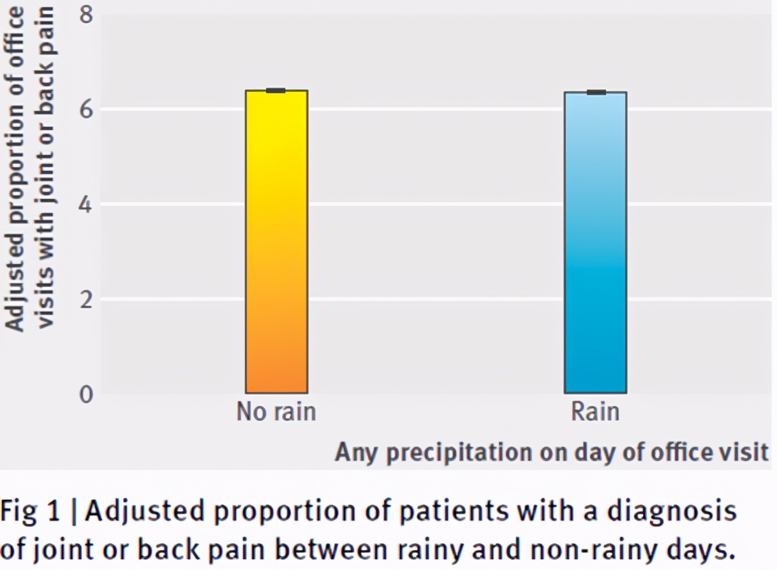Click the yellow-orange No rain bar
pyautogui.click(x=276, y=242)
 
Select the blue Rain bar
pyautogui.click(x=595, y=242)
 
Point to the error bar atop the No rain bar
pyautogui.click(x=276, y=90)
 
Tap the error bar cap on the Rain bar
pyautogui.click(x=596, y=92)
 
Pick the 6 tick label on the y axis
pyautogui.click(x=86, y=109)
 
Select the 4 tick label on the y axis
pyautogui.click(x=86, y=204)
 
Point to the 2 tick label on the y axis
pyautogui.click(x=86, y=299)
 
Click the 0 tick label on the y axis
pyautogui.click(x=86, y=394)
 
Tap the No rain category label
pyautogui.click(x=276, y=412)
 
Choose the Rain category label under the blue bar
pyautogui.click(x=595, y=412)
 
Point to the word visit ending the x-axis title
pyautogui.click(x=746, y=452)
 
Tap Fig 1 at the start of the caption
pyautogui.click(x=29, y=511)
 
